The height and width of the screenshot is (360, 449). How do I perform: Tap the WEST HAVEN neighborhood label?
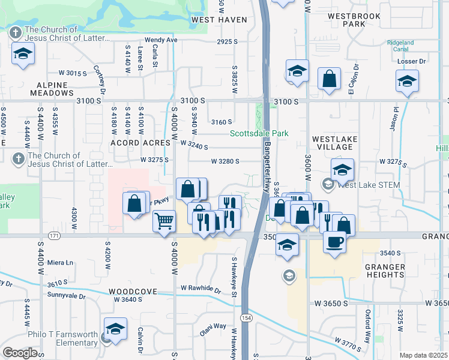click(x=219, y=20)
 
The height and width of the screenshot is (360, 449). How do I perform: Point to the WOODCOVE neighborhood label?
click(x=133, y=292)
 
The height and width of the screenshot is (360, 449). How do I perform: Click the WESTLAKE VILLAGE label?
click(x=335, y=143)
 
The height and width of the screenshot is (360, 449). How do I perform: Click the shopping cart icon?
click(x=164, y=221)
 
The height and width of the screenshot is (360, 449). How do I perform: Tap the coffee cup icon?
click(x=335, y=241)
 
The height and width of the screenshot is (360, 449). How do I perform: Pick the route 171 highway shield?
click(x=55, y=237)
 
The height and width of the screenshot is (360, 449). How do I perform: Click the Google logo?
click(x=20, y=352)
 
